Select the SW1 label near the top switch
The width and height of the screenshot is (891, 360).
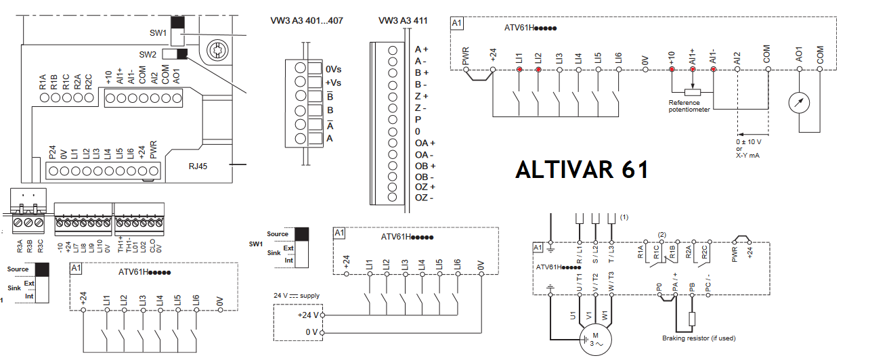click(x=158, y=32)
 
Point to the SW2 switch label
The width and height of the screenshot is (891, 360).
click(x=148, y=54)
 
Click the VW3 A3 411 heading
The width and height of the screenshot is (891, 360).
click(x=403, y=21)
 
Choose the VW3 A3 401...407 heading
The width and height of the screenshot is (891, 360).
click(x=307, y=21)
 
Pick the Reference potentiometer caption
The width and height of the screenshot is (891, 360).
click(x=689, y=106)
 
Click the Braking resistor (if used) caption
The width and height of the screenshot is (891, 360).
click(x=699, y=338)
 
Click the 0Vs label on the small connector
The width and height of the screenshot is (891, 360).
click(x=333, y=69)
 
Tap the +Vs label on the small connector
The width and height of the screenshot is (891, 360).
click(x=333, y=83)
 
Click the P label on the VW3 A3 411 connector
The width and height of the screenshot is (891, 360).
click(x=418, y=119)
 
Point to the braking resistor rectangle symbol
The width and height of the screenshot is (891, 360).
click(x=692, y=320)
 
